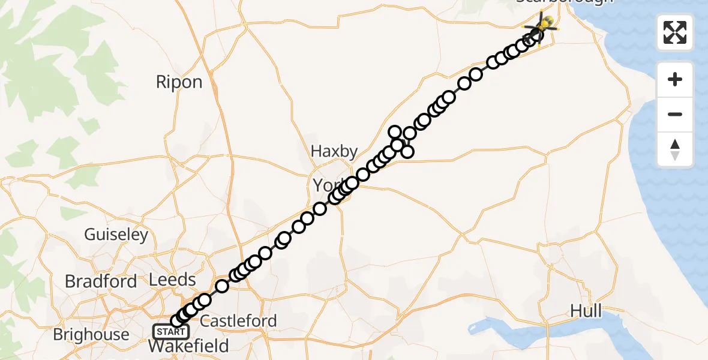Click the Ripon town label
(179, 82)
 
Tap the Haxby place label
(334, 152)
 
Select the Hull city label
(586, 311)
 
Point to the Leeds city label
(173, 280)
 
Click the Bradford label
(101, 281)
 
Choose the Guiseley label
(116, 235)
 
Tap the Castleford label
(238, 321)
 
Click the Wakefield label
(188, 346)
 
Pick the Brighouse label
(91, 334)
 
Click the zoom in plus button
(675, 79)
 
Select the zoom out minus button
(675, 114)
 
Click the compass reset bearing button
(675, 149)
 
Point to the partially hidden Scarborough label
(564, 2)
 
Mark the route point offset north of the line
(395, 132)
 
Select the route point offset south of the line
(407, 152)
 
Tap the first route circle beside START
(176, 322)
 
